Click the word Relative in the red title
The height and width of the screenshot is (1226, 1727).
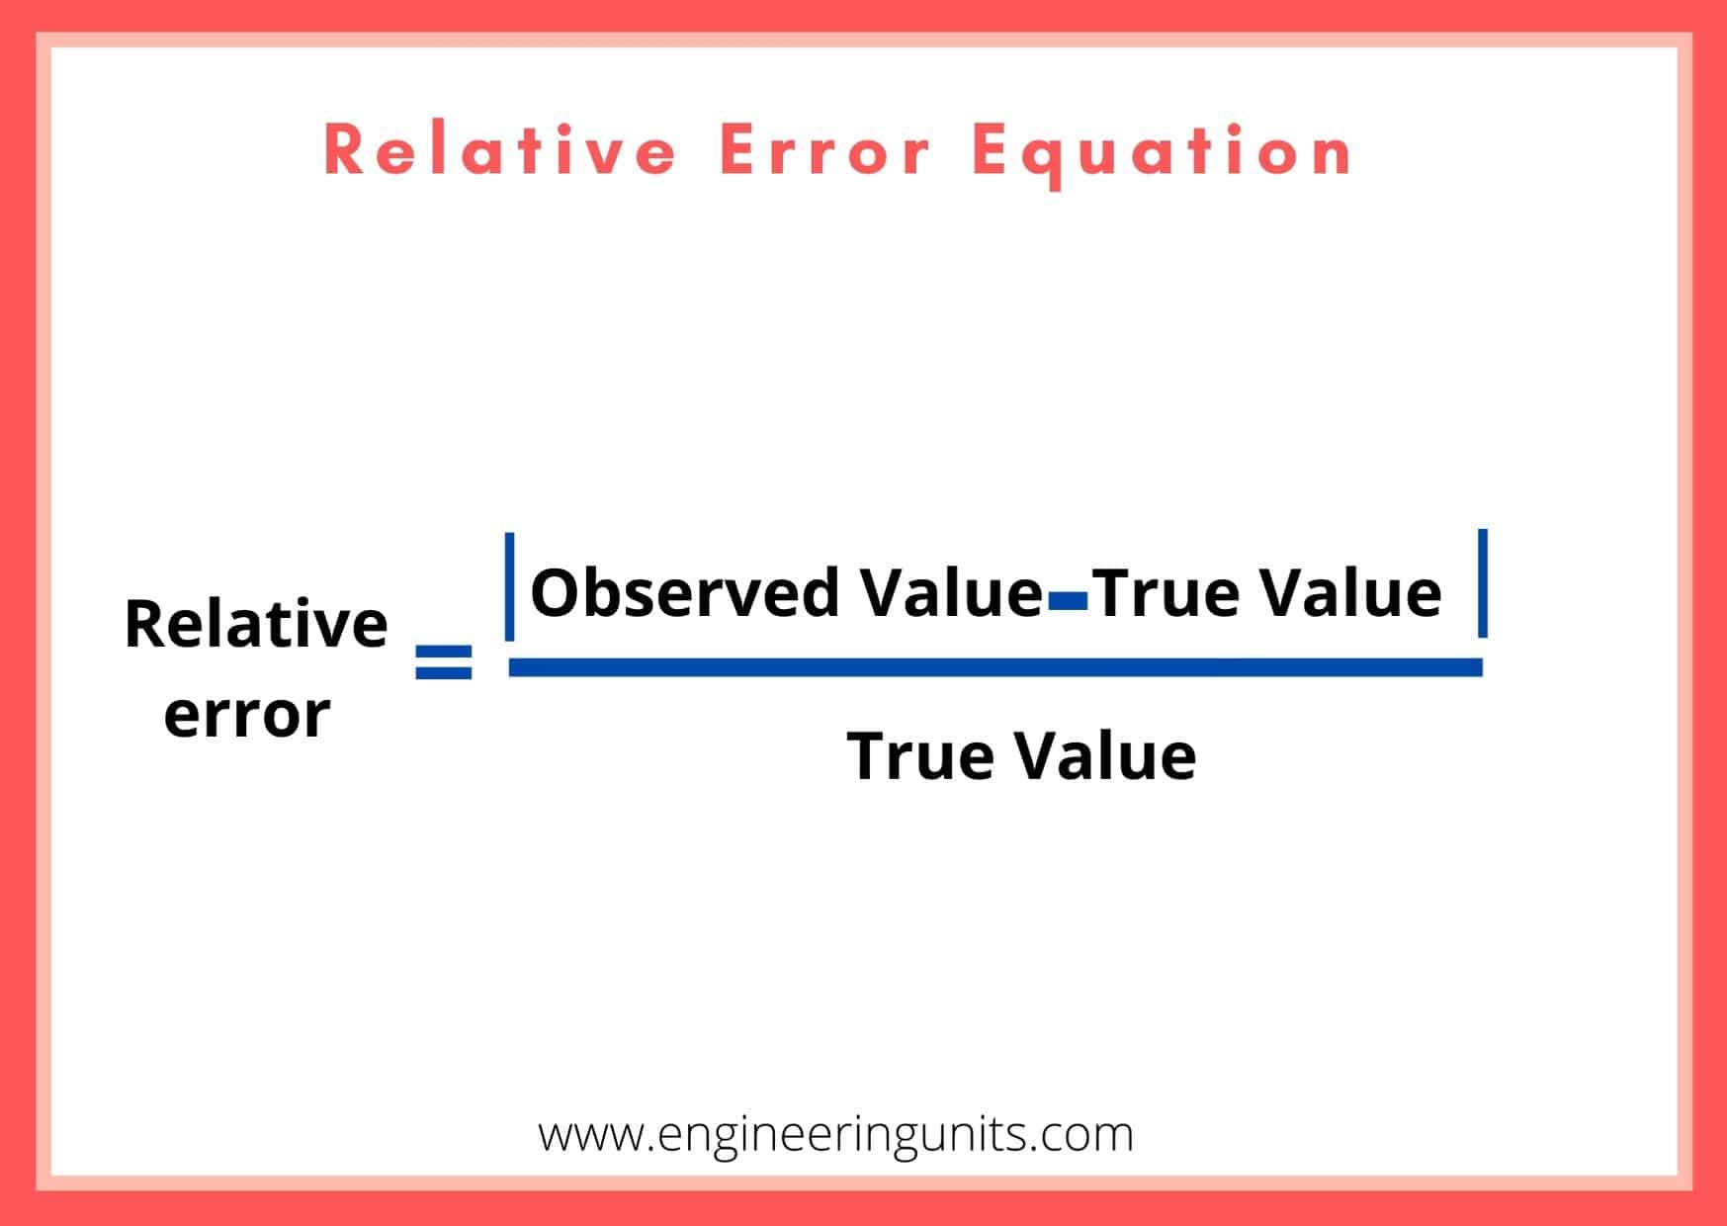pyautogui.click(x=499, y=151)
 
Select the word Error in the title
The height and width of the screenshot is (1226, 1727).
pyautogui.click(x=825, y=151)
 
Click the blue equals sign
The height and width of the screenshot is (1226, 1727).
pyautogui.click(x=444, y=662)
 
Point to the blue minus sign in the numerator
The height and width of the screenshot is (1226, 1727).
pyautogui.click(x=1069, y=598)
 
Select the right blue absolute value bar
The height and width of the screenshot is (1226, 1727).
pyautogui.click(x=1482, y=583)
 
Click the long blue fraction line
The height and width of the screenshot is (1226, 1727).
pyautogui.click(x=994, y=667)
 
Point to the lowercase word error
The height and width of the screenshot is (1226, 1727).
pyautogui.click(x=247, y=714)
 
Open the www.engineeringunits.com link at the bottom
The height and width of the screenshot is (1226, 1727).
pyautogui.click(x=835, y=1134)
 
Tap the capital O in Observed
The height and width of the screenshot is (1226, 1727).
pyautogui.click(x=556, y=593)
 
